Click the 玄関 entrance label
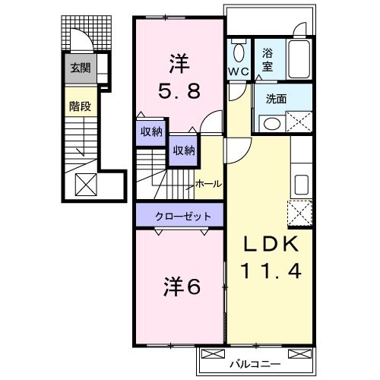(80, 68)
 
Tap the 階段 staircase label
(80, 106)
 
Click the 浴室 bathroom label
(268, 60)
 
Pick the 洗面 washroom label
(276, 98)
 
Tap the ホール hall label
(208, 184)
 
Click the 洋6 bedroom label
(181, 289)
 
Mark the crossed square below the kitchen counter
(300, 213)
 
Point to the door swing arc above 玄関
(78, 42)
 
